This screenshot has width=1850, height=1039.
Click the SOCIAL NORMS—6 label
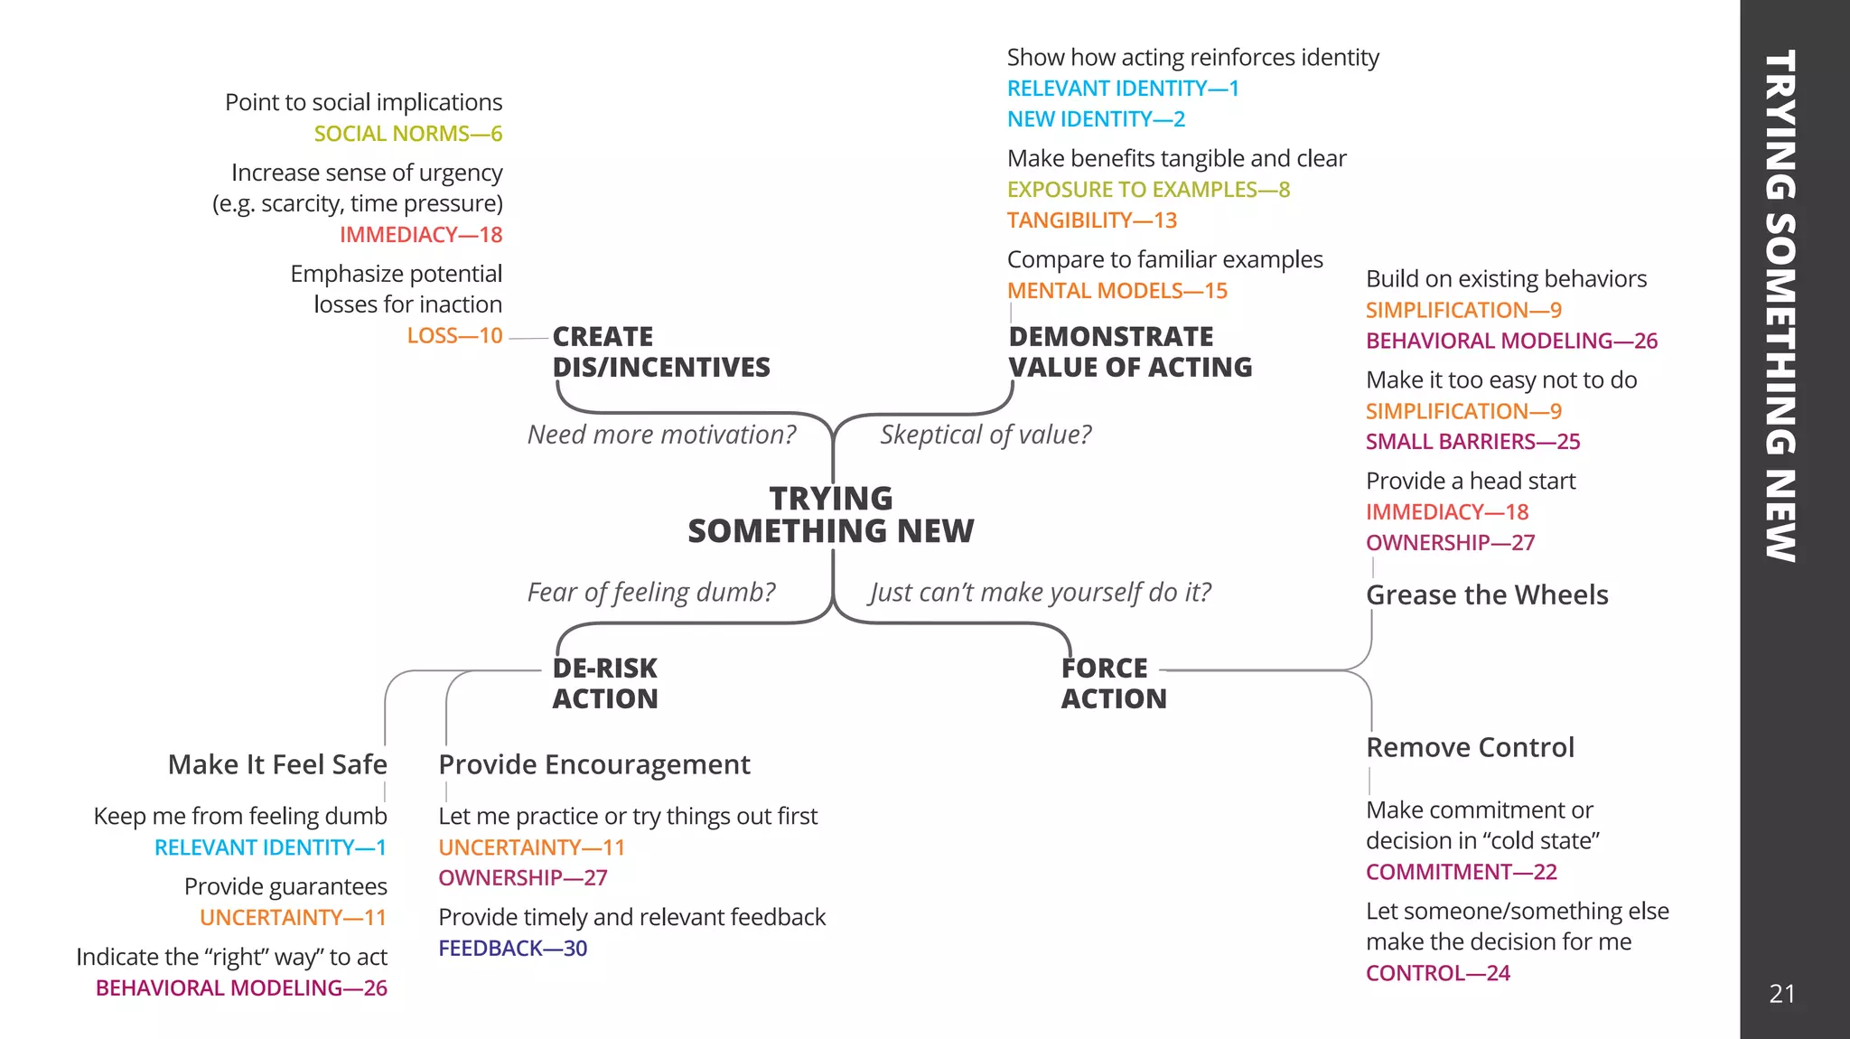tap(407, 134)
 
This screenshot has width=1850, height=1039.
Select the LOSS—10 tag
tap(454, 336)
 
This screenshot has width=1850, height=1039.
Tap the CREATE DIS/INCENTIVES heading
tap(660, 351)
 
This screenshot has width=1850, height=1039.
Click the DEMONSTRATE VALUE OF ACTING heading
tap(1129, 351)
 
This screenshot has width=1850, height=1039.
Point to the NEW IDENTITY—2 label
tap(1095, 119)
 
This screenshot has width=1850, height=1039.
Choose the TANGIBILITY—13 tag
tap(1091, 220)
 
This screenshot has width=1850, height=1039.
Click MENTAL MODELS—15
tap(1117, 291)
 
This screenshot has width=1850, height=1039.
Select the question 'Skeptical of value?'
tap(985, 435)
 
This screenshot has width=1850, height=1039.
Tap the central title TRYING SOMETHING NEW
tap(830, 514)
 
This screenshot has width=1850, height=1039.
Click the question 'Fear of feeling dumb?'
tap(650, 592)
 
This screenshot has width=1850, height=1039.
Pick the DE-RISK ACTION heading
tap(604, 683)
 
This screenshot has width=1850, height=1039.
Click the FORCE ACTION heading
tap(1113, 683)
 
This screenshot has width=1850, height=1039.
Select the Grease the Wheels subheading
tap(1486, 594)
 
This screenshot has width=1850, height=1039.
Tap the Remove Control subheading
tap(1469, 747)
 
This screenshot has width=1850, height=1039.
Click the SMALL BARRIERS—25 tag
tap(1472, 442)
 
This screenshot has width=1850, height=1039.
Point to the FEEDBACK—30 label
tap(512, 949)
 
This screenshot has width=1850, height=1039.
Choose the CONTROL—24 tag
tap(1437, 973)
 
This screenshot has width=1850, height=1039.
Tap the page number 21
tap(1781, 994)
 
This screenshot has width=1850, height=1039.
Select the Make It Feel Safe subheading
tap(277, 764)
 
